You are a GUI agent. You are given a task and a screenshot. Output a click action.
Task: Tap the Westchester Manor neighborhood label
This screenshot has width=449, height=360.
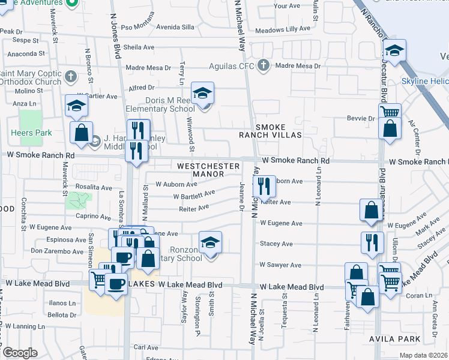click(x=200, y=169)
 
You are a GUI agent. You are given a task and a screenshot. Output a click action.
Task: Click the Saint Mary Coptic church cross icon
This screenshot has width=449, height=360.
click(x=71, y=77)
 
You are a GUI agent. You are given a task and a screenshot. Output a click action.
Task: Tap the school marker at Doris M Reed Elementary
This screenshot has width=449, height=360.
click(x=203, y=94)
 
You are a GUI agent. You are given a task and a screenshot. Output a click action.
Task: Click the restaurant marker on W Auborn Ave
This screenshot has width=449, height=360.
click(x=264, y=187)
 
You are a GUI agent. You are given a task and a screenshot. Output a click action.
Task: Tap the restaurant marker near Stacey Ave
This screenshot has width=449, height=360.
click(x=372, y=242)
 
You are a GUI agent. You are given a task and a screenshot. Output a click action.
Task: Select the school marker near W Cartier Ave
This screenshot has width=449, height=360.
click(x=77, y=106)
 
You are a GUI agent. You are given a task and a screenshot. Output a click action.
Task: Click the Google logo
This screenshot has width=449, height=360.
click(x=20, y=353)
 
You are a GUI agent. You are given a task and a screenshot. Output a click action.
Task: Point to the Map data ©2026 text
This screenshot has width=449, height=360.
click(x=423, y=355)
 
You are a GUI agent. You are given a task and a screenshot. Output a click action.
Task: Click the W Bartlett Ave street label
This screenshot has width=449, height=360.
click(x=194, y=195)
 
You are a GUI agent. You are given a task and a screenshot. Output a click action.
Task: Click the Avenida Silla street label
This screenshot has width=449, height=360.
click(x=175, y=27)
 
